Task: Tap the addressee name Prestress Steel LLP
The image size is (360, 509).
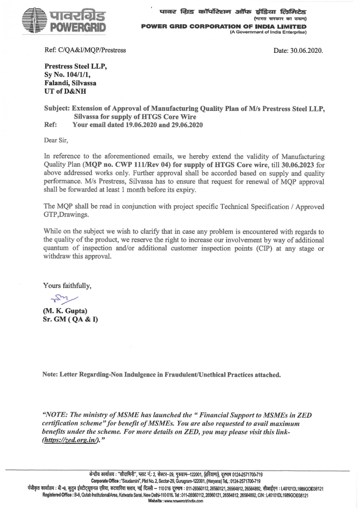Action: coord(75,66)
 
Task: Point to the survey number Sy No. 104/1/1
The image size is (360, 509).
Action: coord(67,74)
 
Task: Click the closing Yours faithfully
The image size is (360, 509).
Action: coord(67,286)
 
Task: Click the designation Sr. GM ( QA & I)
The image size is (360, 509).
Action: coord(70,319)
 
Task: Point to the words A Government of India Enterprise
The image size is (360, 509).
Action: coord(268,32)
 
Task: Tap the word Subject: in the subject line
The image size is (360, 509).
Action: coord(57,109)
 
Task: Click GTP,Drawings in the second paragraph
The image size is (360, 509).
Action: coord(65,215)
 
